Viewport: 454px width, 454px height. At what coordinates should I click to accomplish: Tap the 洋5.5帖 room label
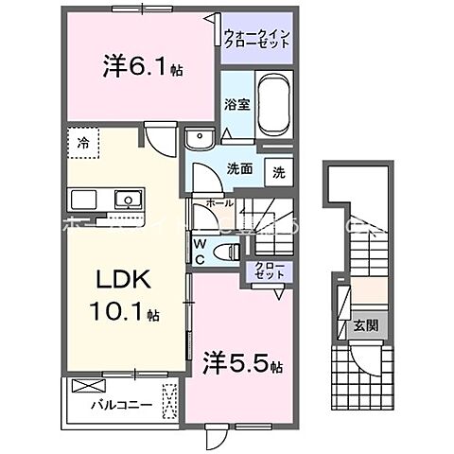240,360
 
